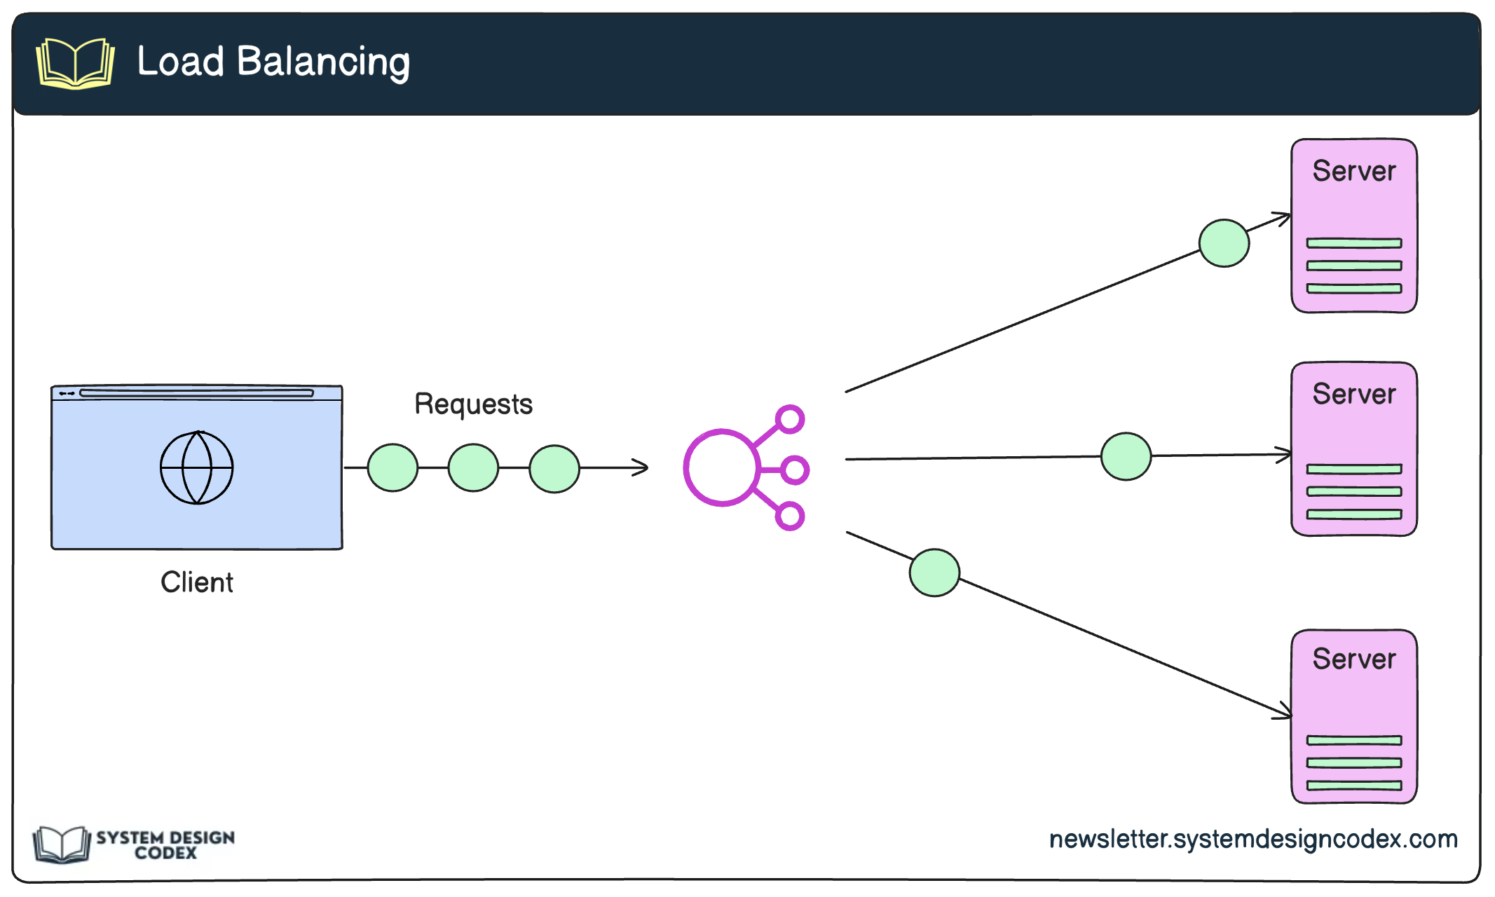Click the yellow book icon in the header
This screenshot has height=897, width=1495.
click(75, 63)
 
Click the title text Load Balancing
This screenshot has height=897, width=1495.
click(273, 62)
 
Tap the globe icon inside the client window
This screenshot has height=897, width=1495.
click(197, 467)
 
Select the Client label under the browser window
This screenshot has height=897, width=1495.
click(197, 582)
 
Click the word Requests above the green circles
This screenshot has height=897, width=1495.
click(473, 404)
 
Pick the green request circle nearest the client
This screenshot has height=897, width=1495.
click(392, 467)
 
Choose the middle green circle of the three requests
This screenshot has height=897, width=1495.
click(473, 467)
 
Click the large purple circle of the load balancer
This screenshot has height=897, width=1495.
click(721, 467)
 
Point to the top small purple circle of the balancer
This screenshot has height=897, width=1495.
click(790, 419)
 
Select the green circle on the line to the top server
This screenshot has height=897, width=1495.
click(1224, 243)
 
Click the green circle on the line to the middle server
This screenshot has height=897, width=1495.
click(1126, 456)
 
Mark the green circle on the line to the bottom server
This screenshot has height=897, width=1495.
click(934, 573)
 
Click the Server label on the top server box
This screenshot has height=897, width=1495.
click(1353, 171)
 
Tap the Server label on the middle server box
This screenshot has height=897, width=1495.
click(1353, 394)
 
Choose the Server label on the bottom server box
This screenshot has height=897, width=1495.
click(1353, 659)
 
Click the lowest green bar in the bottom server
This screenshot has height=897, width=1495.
click(1353, 786)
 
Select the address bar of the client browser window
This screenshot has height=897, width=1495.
click(196, 393)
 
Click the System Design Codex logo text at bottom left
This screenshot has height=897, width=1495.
click(165, 845)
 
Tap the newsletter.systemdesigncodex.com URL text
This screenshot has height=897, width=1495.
click(1252, 839)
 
